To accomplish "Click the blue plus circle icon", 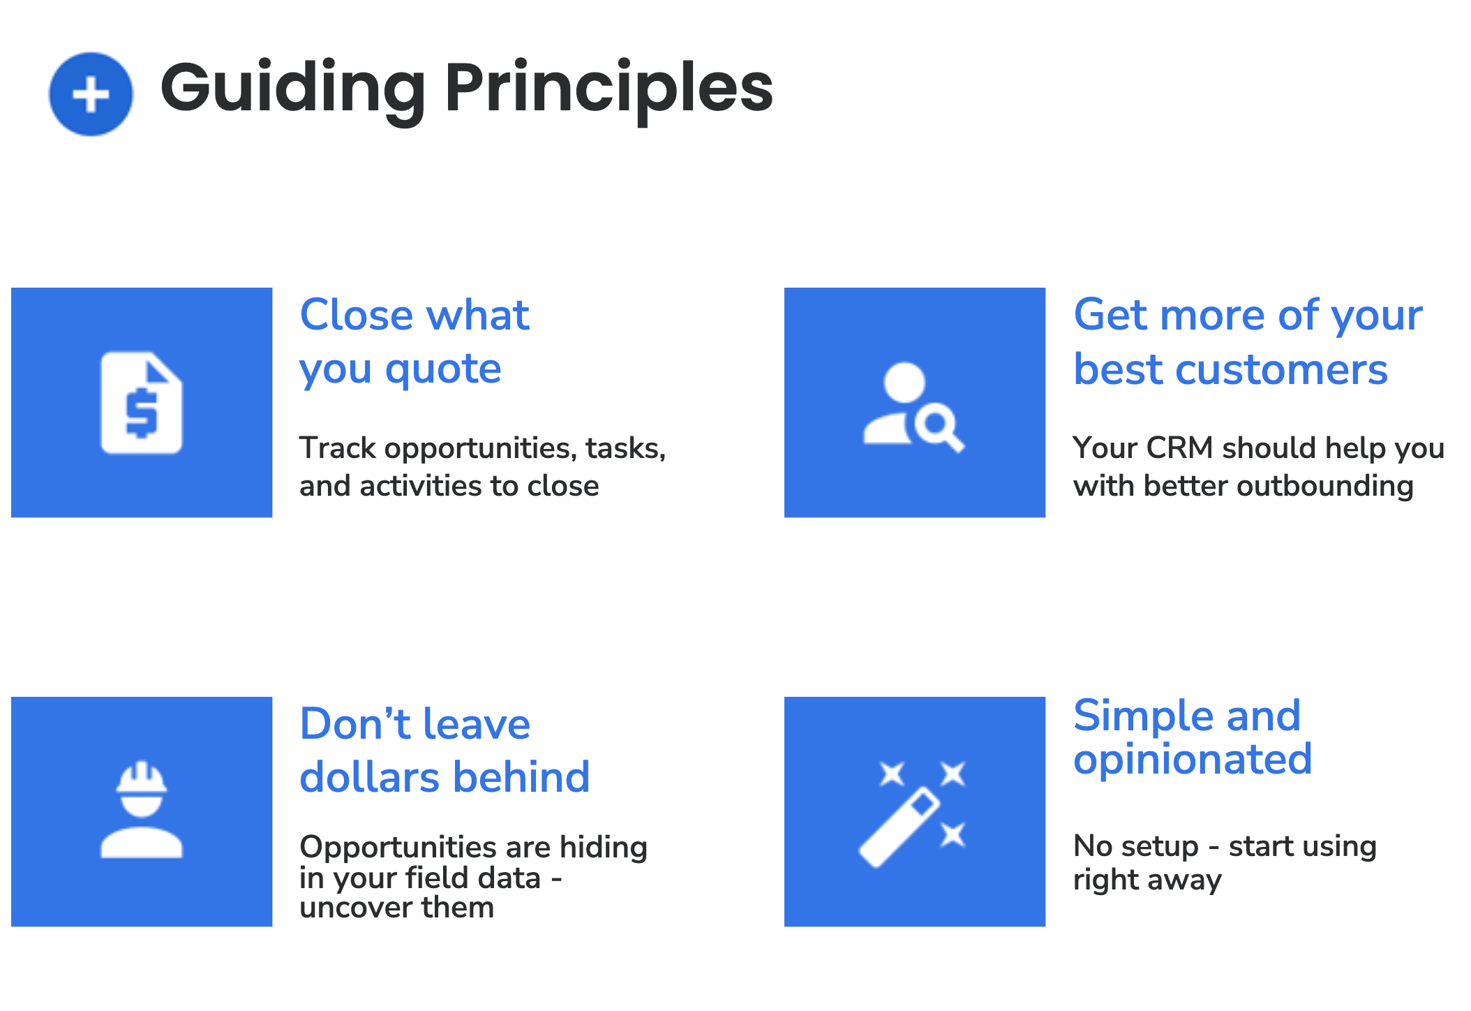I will pyautogui.click(x=91, y=94).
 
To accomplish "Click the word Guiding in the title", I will pyautogui.click(x=293, y=89).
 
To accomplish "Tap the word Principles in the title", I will pyautogui.click(x=608, y=89).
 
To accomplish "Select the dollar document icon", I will pyautogui.click(x=142, y=403).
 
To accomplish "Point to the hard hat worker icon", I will pyautogui.click(x=142, y=810).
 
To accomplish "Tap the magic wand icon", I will pyautogui.click(x=913, y=813).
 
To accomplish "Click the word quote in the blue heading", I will pyautogui.click(x=443, y=369).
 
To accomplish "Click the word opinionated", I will pyautogui.click(x=1193, y=759).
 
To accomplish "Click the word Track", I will pyautogui.click(x=337, y=448).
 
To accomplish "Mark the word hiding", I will pyautogui.click(x=604, y=848).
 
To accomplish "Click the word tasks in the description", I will pyautogui.click(x=625, y=448).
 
